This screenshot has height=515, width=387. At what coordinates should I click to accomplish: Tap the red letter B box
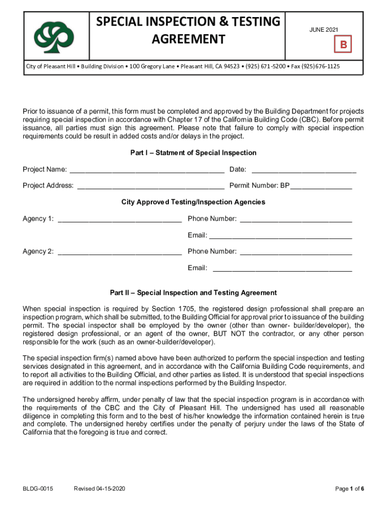[344, 45]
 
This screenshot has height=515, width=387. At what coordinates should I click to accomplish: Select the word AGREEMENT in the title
[188, 39]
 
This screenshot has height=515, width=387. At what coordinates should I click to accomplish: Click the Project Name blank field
[147, 169]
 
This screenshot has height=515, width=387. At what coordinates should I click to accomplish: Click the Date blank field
[304, 169]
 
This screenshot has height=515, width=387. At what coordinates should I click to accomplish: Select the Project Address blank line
[151, 186]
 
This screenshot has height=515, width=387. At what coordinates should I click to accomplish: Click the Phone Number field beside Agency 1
[296, 219]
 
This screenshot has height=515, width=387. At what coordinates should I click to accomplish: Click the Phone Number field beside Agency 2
[296, 251]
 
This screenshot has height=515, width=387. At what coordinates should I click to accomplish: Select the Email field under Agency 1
[280, 235]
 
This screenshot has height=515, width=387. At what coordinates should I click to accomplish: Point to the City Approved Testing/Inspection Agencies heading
[193, 202]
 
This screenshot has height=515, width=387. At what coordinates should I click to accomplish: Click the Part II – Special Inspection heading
[193, 293]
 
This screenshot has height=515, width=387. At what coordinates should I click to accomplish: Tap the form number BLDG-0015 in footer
[38, 489]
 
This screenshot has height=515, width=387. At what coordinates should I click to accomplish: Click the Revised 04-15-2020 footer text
[100, 489]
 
